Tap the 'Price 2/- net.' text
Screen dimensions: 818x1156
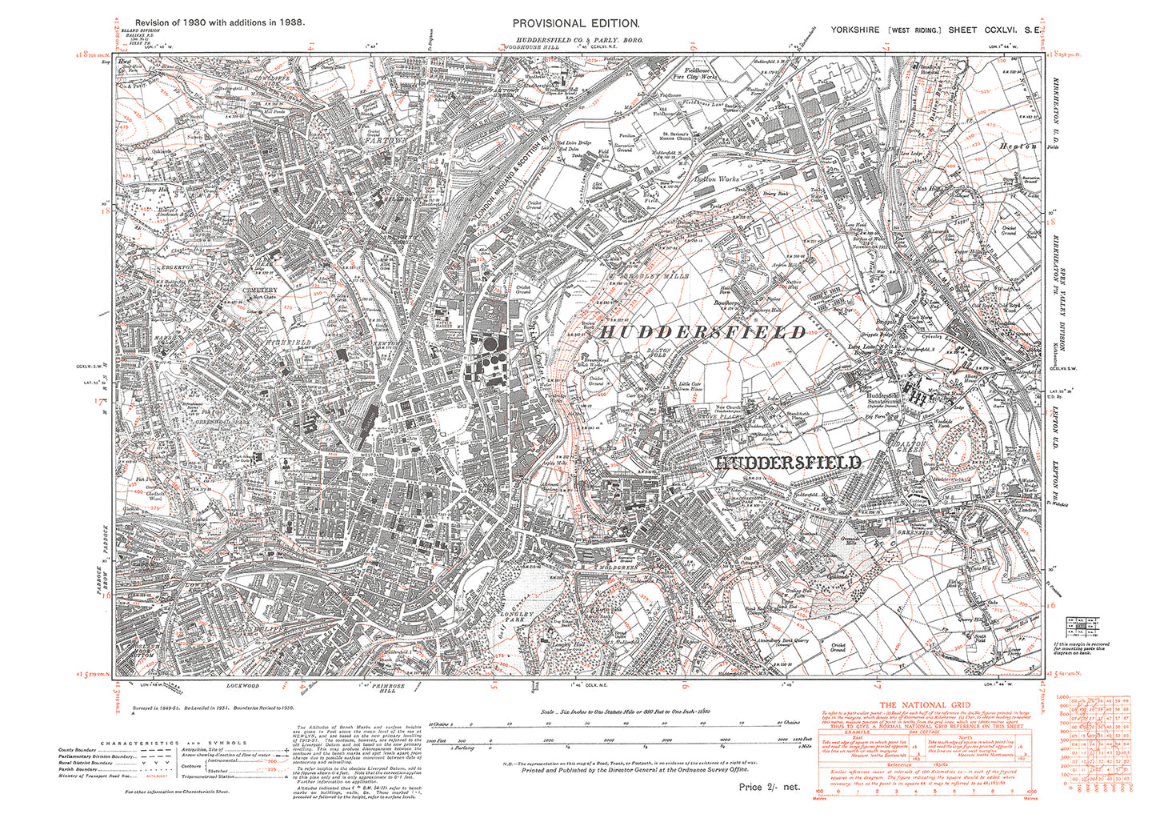coord(769,787)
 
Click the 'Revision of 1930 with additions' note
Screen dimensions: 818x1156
coord(219,23)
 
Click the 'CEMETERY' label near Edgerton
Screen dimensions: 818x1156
coord(262,290)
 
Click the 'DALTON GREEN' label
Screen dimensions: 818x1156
coord(910,447)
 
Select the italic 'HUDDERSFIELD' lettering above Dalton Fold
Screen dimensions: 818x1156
coord(702,332)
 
